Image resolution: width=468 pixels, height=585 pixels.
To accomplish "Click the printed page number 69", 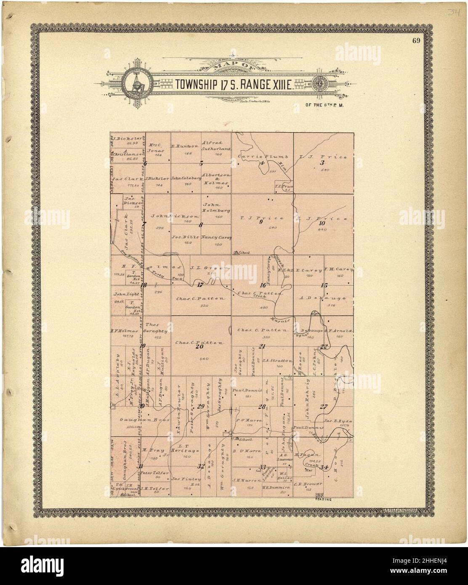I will point(417,41).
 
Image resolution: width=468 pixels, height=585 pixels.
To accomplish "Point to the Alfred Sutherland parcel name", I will point(216,146).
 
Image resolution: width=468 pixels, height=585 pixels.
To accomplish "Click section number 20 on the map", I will point(199,346).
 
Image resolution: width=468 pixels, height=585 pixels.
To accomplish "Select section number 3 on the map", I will point(323,162).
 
